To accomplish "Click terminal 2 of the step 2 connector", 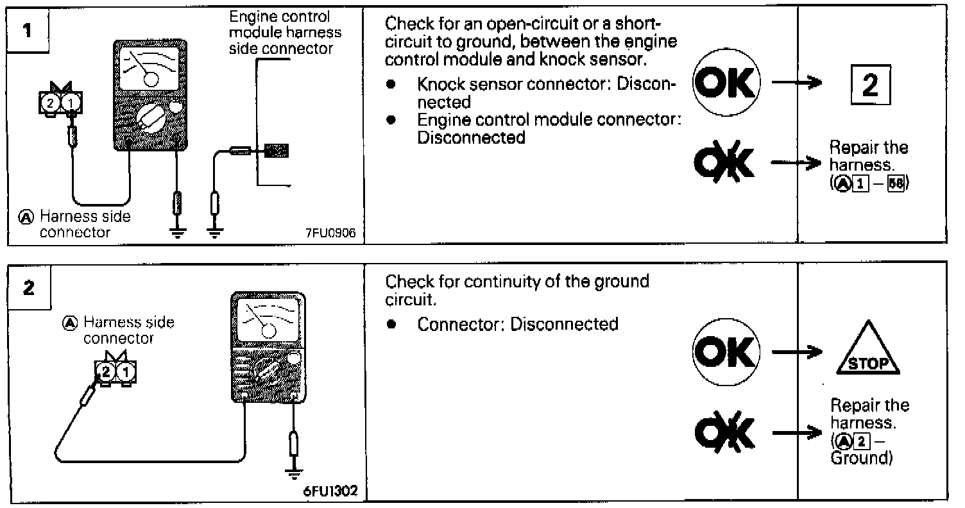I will pyautogui.click(x=107, y=371).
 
